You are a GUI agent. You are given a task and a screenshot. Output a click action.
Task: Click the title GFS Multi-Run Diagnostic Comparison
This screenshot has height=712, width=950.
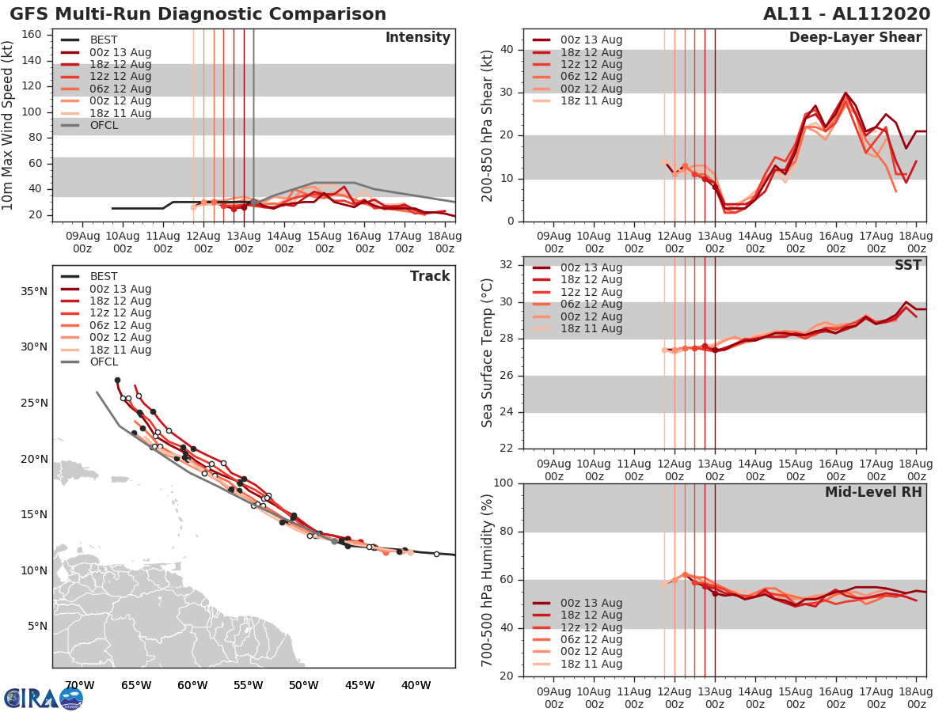click(x=198, y=14)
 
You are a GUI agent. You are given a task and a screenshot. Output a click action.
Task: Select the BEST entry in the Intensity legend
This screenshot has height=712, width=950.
click(x=104, y=40)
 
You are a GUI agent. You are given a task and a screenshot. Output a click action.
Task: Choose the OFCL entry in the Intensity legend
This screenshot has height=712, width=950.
click(x=104, y=125)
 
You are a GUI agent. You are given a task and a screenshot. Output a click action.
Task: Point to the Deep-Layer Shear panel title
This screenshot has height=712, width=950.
click(x=855, y=38)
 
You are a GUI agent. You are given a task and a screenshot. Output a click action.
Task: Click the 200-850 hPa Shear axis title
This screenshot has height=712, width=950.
click(x=488, y=125)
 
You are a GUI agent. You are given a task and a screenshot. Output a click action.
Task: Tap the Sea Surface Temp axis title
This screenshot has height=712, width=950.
click(x=488, y=353)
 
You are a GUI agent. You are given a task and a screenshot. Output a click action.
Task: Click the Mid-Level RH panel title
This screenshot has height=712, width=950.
click(x=873, y=492)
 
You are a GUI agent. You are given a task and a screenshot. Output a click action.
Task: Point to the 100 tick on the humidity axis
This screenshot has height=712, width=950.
click(x=503, y=483)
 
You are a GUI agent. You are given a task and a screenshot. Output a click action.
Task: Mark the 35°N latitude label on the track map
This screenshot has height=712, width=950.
click(x=33, y=291)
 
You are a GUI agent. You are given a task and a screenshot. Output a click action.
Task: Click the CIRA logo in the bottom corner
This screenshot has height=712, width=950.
click(x=43, y=698)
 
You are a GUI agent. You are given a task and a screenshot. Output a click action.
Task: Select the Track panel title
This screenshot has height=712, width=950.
click(x=430, y=276)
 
